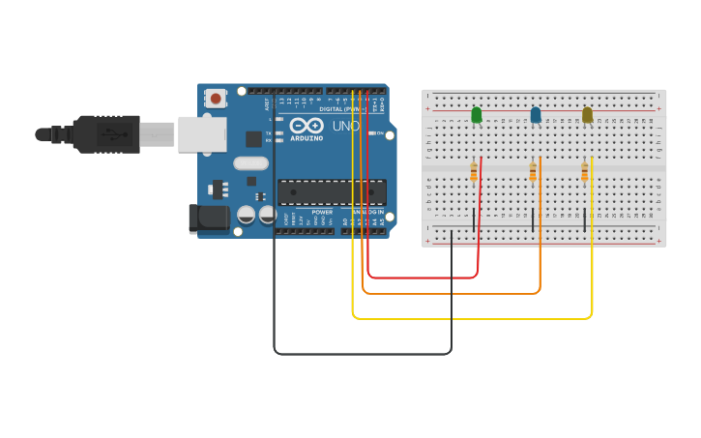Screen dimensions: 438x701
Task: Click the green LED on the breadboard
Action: click(x=476, y=115)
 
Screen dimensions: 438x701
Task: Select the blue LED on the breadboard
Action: click(x=536, y=115)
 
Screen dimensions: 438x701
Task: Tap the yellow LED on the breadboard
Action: click(x=587, y=115)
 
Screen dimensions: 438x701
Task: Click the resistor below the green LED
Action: click(x=474, y=172)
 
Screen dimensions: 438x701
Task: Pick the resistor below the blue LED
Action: click(x=533, y=172)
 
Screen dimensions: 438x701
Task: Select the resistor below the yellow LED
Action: click(x=584, y=172)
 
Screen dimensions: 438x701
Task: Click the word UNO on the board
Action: click(x=346, y=127)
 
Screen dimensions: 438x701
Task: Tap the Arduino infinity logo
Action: click(x=307, y=126)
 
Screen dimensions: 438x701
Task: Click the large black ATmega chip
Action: click(x=332, y=191)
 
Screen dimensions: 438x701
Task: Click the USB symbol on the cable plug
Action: click(x=113, y=133)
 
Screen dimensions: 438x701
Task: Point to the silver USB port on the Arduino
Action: click(x=201, y=134)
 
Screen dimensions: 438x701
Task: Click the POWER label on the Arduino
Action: click(x=322, y=212)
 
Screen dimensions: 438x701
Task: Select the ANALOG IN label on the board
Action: click(x=367, y=212)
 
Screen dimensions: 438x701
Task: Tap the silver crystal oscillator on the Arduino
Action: click(x=250, y=163)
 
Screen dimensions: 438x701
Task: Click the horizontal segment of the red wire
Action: click(x=423, y=277)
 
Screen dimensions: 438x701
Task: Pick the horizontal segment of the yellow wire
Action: click(x=472, y=317)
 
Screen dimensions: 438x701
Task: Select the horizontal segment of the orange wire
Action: click(x=451, y=292)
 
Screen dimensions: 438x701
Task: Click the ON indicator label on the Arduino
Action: click(x=380, y=132)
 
